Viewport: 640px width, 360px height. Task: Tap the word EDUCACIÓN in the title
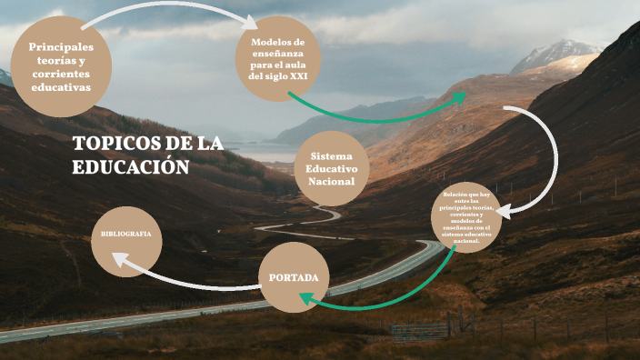point(130,167)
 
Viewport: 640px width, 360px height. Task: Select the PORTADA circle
point(293,275)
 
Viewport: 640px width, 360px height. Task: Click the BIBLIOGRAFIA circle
point(125,234)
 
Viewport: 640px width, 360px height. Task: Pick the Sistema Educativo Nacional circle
point(332,169)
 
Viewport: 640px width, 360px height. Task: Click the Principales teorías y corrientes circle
point(61,67)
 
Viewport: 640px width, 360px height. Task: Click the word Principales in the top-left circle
point(61,47)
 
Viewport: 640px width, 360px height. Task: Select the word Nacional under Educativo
point(332,182)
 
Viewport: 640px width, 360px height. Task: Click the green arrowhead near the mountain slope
point(459,95)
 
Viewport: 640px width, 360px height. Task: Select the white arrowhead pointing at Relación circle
point(503,211)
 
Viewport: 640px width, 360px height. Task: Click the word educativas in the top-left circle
point(61,88)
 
